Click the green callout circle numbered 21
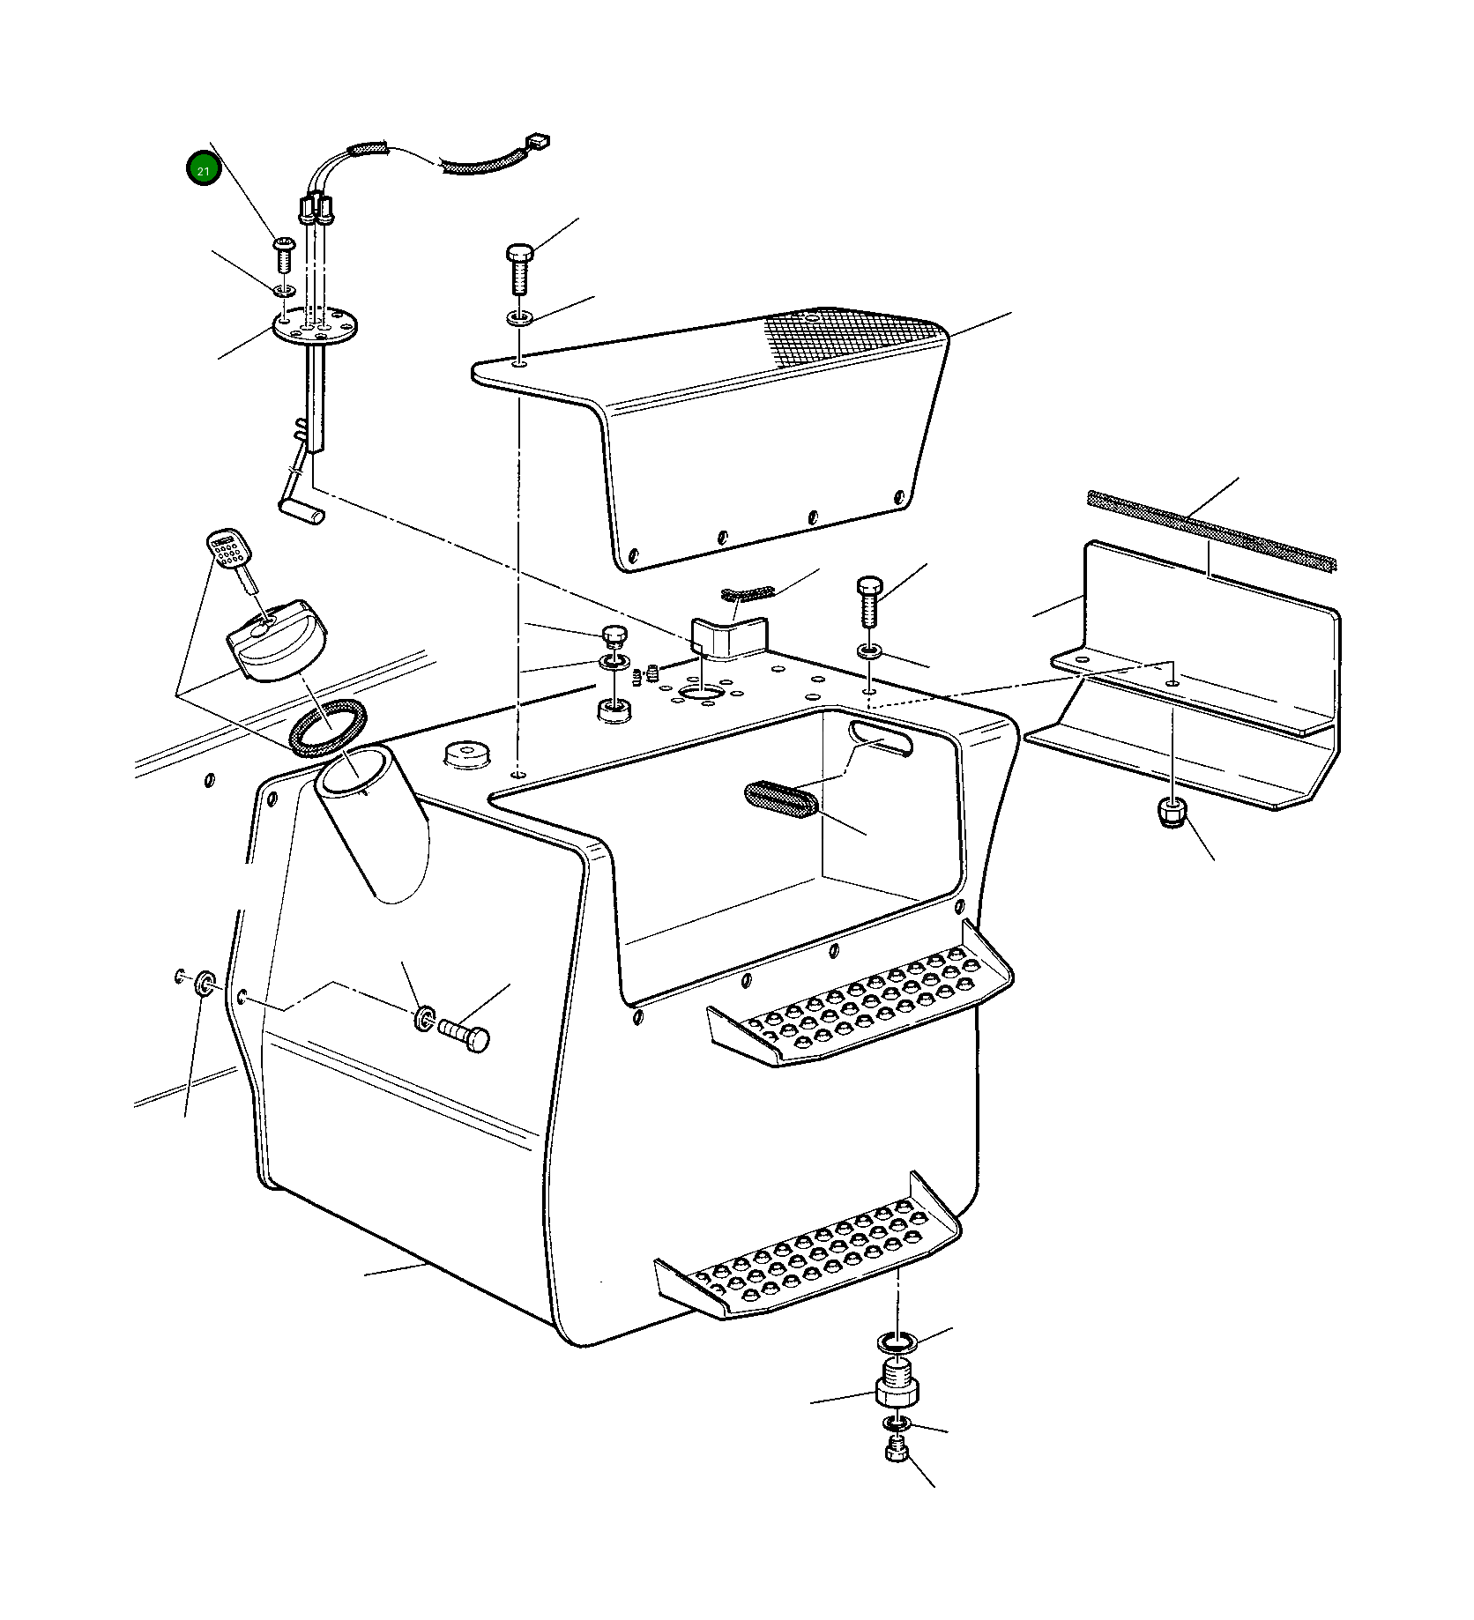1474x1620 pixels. click(204, 169)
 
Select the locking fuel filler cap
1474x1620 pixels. click(277, 640)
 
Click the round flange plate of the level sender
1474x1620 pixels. click(315, 326)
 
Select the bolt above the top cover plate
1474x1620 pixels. click(518, 268)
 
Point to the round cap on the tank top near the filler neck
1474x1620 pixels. click(467, 754)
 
